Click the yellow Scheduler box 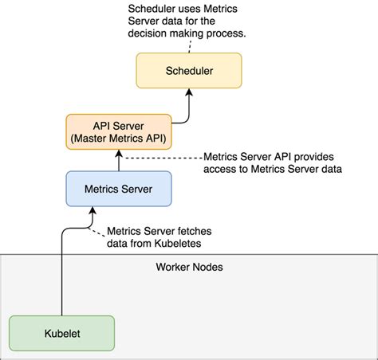(188, 71)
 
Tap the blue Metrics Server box (118, 190)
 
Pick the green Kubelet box (61, 334)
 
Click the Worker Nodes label (188, 267)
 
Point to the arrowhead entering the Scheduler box (188, 92)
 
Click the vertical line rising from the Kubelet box (61, 279)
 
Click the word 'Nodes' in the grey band (207, 267)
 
